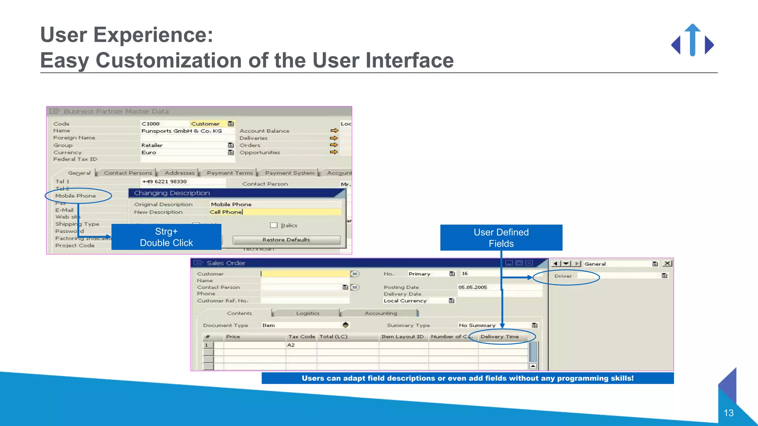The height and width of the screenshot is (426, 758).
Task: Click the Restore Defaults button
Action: point(286,240)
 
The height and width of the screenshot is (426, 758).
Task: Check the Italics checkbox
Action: point(274,225)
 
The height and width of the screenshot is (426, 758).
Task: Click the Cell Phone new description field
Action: point(275,212)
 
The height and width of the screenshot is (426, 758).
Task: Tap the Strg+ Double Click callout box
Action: point(166,237)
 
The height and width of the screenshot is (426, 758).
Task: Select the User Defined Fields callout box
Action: point(501,238)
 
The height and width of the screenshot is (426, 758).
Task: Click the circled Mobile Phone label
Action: point(76,196)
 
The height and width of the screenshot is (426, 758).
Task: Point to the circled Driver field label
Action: point(563,276)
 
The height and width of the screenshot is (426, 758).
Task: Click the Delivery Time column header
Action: point(500,337)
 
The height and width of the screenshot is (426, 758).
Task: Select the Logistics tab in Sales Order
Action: point(308,313)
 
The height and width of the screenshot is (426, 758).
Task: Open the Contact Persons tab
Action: point(128,173)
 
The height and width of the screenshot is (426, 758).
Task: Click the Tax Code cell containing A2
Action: point(301,345)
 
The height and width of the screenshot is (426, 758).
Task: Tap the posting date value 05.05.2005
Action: point(473,287)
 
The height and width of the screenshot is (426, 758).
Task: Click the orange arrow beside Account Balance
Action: point(334,131)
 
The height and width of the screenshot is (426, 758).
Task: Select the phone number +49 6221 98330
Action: point(164,182)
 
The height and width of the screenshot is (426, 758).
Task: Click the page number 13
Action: point(728,413)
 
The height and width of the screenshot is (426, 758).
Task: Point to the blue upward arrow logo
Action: point(692,40)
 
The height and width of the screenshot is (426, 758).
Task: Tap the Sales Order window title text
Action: point(226,263)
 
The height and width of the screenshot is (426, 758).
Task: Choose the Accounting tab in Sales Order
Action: point(380,313)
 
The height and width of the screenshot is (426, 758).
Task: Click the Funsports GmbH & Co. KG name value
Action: point(181,131)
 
